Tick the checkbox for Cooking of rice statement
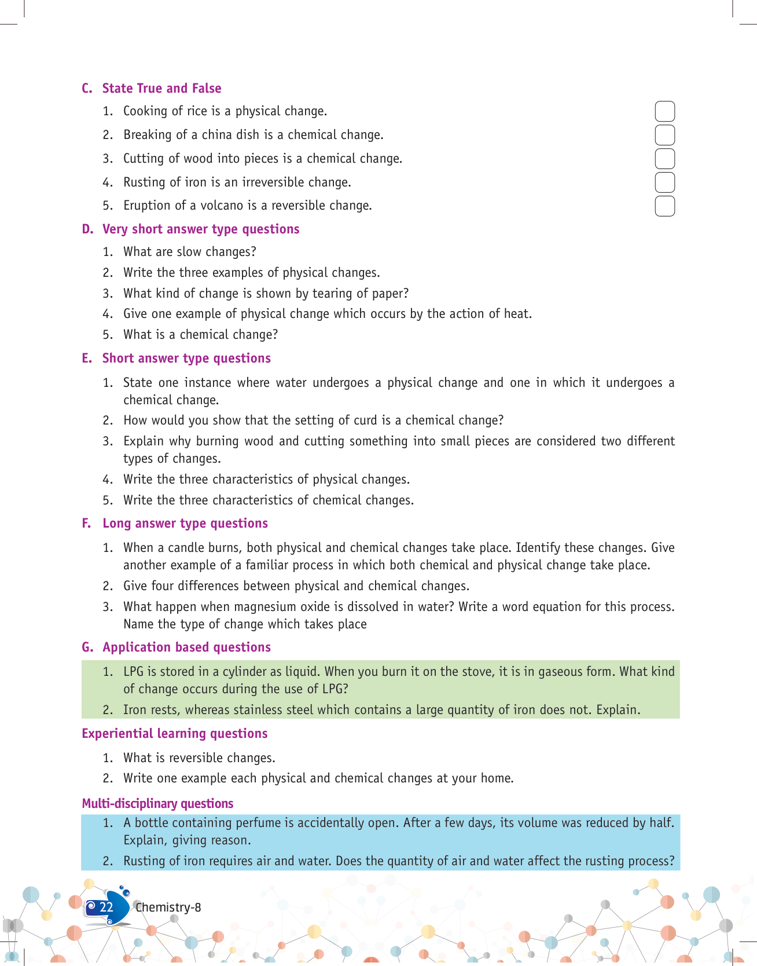point(664,111)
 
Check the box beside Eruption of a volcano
point(664,206)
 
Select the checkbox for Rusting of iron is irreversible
point(664,182)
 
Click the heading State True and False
point(161,88)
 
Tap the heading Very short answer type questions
point(200,229)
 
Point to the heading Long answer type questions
point(185,524)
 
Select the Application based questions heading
point(186,647)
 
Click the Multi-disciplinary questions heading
point(157,803)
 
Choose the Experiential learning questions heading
point(174,734)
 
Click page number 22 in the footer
point(106,907)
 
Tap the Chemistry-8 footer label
point(168,908)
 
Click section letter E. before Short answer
point(87,358)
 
